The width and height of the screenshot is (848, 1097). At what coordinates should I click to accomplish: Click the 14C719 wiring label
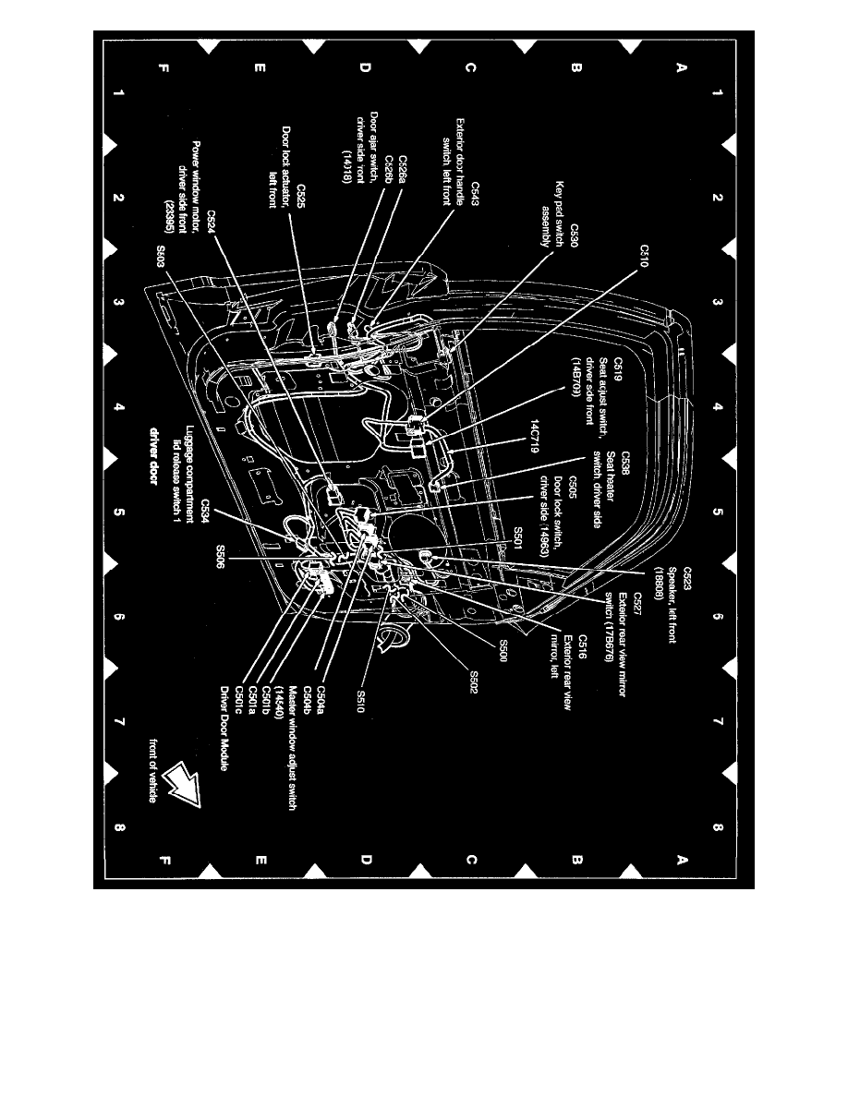click(x=535, y=434)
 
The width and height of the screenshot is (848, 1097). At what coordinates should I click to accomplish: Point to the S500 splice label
click(x=503, y=645)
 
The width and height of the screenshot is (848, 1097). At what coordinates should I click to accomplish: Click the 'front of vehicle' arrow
click(x=182, y=786)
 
